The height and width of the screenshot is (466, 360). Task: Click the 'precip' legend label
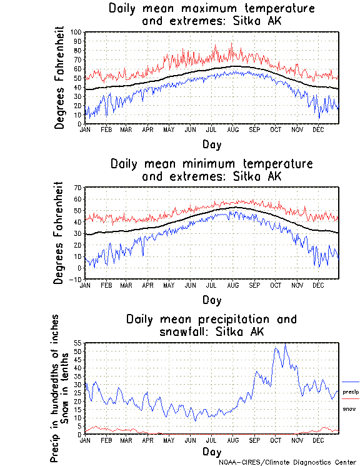tap(351, 392)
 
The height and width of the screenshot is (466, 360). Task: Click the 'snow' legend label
tap(349, 408)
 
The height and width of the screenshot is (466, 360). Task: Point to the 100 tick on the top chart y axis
tap(76, 32)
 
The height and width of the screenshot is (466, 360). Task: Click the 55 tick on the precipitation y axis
tap(77, 343)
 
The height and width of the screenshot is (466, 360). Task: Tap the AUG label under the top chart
tap(232, 129)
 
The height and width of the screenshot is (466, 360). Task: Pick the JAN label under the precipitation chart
tap(85, 440)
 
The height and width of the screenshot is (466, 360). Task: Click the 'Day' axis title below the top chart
tap(212, 143)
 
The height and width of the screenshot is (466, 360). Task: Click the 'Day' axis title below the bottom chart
tap(212, 452)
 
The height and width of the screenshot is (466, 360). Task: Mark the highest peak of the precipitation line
tap(285, 343)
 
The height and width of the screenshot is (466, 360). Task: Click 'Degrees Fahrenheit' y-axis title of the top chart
tap(59, 78)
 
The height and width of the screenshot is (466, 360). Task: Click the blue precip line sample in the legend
tap(350, 382)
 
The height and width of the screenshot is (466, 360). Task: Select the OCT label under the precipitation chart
tap(275, 440)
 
